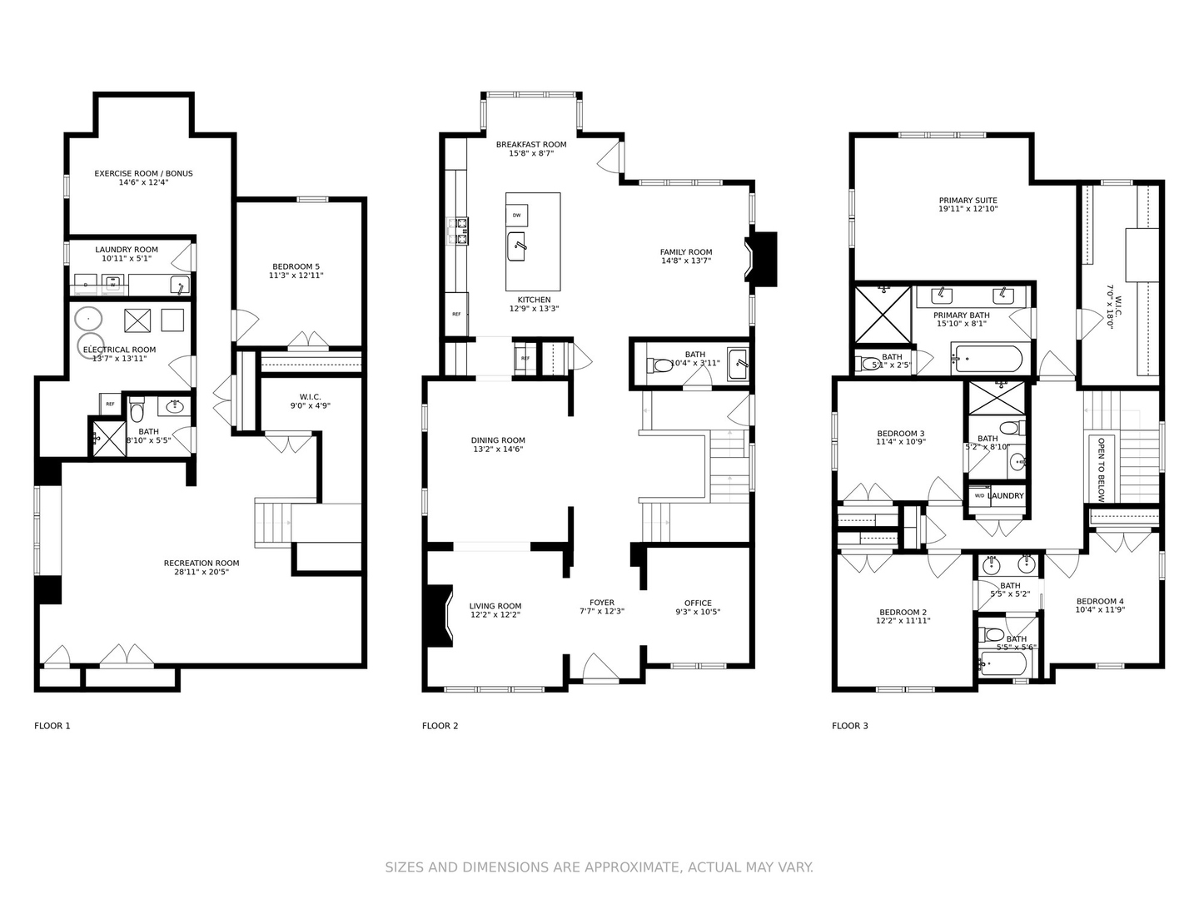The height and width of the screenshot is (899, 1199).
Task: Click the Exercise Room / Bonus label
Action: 143,173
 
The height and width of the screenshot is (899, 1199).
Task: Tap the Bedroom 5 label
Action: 296,266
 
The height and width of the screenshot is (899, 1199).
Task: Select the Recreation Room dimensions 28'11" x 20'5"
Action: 201,573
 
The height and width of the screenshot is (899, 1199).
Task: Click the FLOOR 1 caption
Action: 52,726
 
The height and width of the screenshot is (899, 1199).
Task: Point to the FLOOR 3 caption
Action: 849,726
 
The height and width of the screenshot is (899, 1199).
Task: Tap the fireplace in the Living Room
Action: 438,616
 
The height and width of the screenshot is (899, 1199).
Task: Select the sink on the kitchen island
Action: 517,246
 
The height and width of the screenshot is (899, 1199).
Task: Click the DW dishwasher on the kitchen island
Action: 516,216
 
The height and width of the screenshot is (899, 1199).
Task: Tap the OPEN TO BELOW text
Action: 1101,469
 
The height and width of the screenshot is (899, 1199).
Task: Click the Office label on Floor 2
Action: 698,603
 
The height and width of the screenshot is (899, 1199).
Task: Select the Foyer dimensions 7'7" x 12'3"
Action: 602,612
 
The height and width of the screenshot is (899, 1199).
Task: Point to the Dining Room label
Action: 498,440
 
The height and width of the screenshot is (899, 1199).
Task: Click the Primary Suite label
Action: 968,200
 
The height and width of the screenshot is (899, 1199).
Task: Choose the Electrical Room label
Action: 119,350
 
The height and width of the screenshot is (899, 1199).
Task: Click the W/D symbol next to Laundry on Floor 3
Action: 979,496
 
